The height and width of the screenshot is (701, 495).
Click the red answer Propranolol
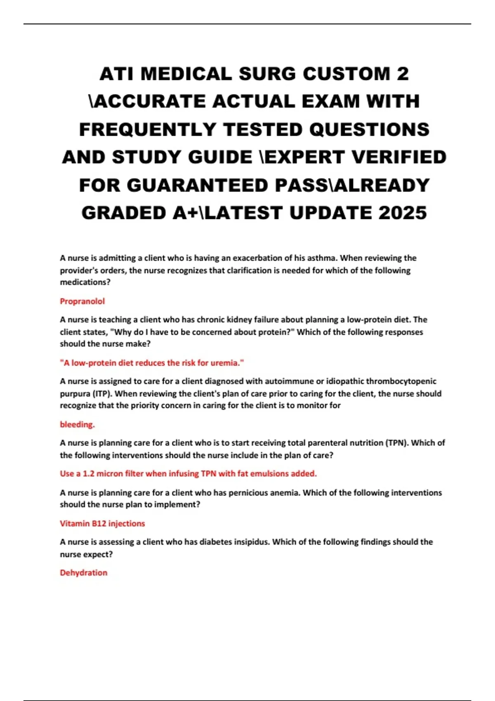(x=82, y=301)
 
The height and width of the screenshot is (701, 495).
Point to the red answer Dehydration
(x=84, y=573)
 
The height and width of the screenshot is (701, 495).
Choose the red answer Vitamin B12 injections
(x=102, y=524)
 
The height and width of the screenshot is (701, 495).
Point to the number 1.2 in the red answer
(x=89, y=474)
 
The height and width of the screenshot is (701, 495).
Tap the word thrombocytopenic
(x=401, y=381)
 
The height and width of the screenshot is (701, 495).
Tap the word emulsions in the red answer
(x=269, y=474)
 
